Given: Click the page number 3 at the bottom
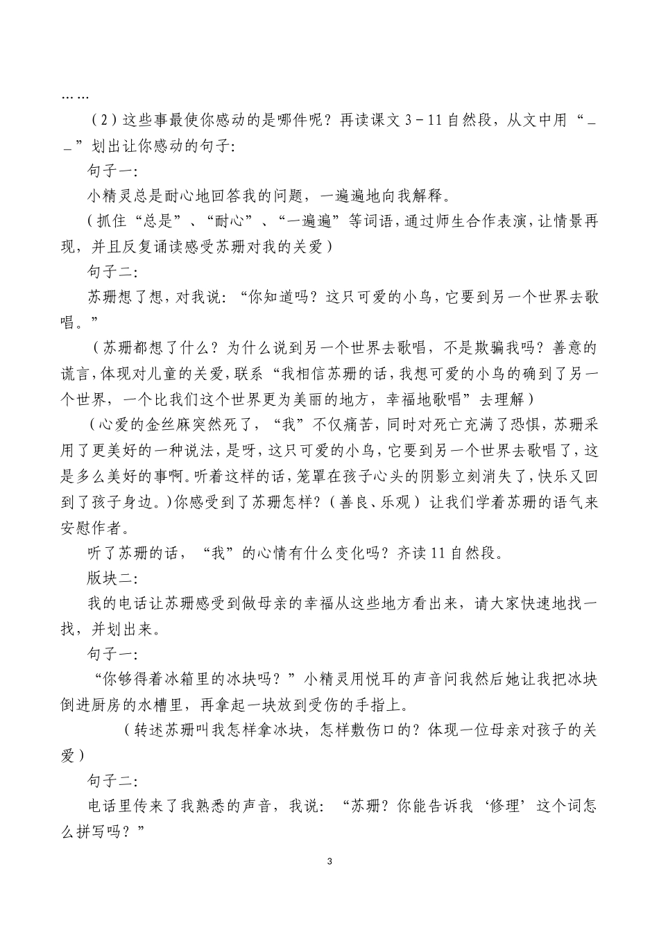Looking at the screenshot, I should [x=329, y=862].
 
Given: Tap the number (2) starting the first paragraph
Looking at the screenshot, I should [x=103, y=120].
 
